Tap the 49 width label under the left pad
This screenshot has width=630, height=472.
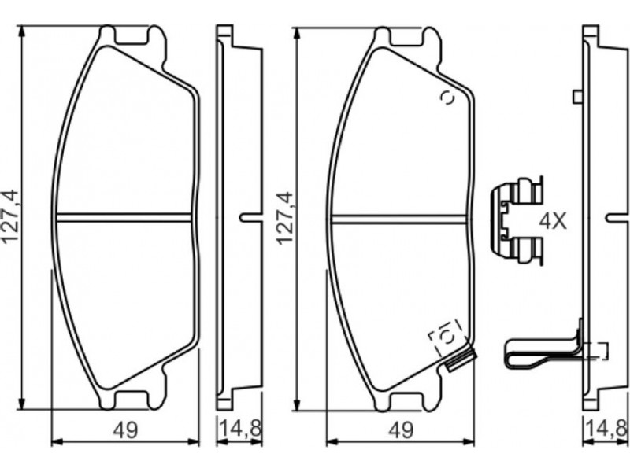(125, 430)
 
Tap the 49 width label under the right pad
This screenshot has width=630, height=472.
(401, 430)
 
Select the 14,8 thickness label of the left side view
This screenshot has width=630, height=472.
(240, 429)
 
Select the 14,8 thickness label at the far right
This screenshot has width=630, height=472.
(607, 429)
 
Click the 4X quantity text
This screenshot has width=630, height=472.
(553, 221)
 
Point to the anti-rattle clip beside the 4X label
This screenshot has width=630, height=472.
(517, 220)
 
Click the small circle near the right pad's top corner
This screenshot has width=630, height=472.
(447, 98)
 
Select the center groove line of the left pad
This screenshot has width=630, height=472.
(124, 217)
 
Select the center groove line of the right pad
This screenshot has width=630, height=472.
(398, 217)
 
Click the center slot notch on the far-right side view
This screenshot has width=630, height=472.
(617, 217)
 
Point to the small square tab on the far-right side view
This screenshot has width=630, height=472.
(578, 97)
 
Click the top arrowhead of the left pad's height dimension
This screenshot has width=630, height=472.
(22, 33)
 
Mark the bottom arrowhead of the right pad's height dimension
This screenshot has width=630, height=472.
(297, 404)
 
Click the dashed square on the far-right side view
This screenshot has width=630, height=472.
(596, 350)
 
